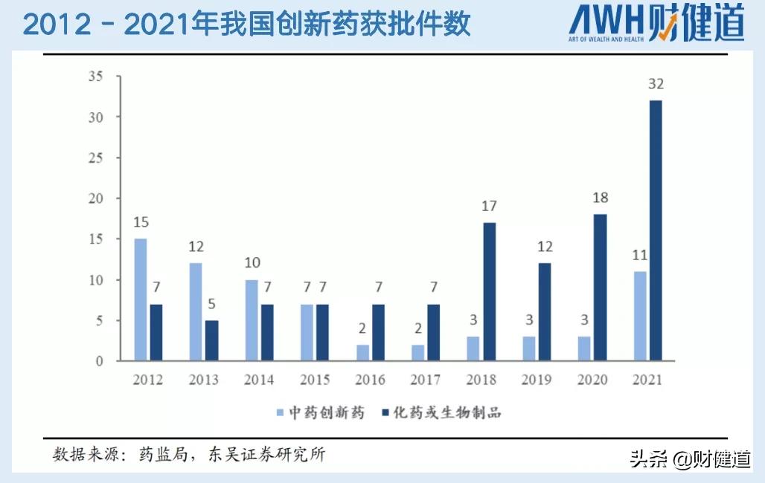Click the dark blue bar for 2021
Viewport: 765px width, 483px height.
point(655,230)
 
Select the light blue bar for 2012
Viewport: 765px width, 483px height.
point(140,299)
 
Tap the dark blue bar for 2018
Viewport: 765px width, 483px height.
point(488,291)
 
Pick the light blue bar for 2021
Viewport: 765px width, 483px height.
point(640,316)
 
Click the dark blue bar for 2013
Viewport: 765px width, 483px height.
point(211,340)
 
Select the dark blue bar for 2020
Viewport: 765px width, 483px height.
point(600,288)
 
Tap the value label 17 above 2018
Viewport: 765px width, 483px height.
point(488,207)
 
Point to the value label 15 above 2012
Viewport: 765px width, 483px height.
point(141,222)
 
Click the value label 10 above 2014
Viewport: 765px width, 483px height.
point(252,263)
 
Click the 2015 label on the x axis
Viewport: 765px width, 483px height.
point(315,380)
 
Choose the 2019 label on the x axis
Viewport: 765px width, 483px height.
point(537,380)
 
